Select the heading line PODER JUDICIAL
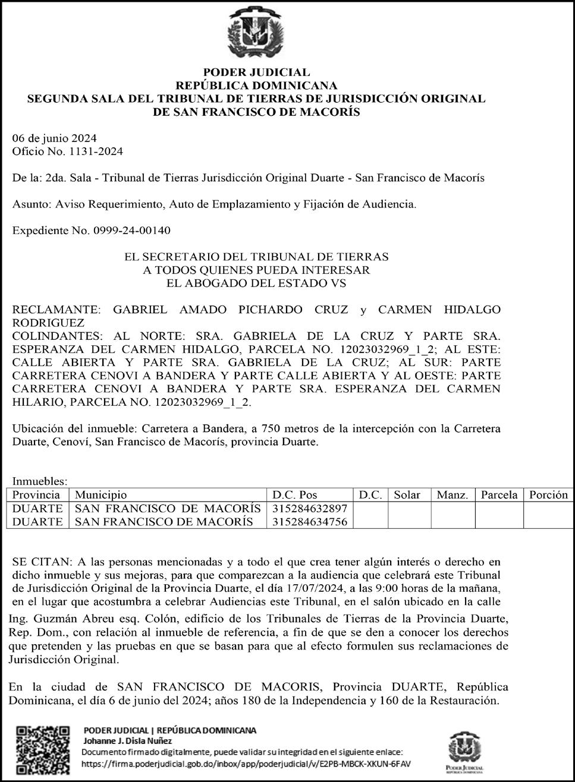pos(256,73)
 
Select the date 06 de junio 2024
pos(55,139)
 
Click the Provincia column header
pos(36,495)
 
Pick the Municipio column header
pos(100,495)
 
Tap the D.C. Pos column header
pos(295,495)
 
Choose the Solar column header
pos(407,495)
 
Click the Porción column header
pos(548,495)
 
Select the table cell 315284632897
pos(309,509)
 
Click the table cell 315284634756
pos(309,522)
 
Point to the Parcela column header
pos(499,495)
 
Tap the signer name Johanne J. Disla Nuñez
pos(127,741)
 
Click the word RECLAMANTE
pos(56,310)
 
